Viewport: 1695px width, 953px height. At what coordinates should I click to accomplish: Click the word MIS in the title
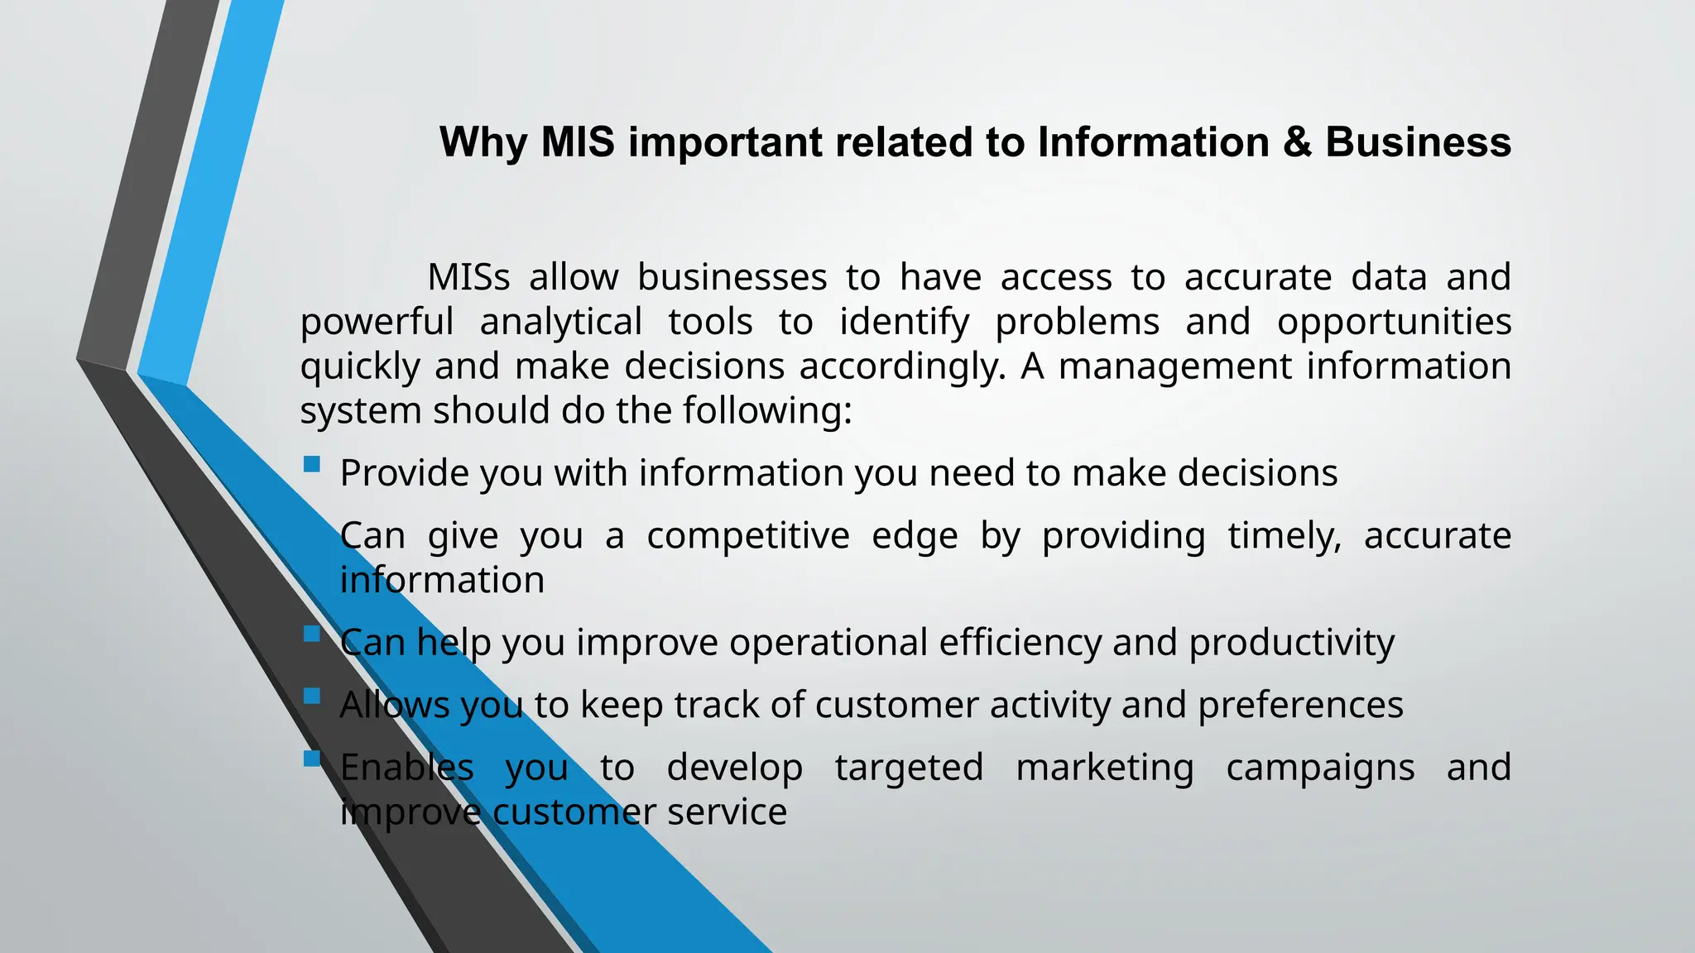[578, 142]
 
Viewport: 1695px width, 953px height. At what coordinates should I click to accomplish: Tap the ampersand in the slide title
[1297, 142]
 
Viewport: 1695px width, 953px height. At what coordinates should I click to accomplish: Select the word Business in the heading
[1418, 142]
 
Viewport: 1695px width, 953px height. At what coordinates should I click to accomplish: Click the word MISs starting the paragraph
[468, 277]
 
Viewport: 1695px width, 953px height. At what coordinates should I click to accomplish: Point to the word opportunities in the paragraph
[1394, 322]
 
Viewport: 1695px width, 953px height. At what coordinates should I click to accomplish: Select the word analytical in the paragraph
[560, 322]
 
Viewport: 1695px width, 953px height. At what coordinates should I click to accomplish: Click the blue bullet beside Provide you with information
[312, 464]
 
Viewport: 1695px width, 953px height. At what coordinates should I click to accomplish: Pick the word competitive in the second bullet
[747, 536]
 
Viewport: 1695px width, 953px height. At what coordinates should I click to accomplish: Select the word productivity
[1291, 643]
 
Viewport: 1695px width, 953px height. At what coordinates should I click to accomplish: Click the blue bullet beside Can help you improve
[312, 634]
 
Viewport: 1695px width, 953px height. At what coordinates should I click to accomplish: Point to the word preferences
[1300, 706]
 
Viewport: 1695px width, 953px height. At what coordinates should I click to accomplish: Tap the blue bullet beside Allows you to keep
[312, 697]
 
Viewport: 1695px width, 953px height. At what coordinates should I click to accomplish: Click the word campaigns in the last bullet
[1320, 768]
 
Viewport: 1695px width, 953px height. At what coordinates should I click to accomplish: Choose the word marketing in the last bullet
[1104, 768]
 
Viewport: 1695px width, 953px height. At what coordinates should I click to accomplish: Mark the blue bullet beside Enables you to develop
[312, 759]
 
